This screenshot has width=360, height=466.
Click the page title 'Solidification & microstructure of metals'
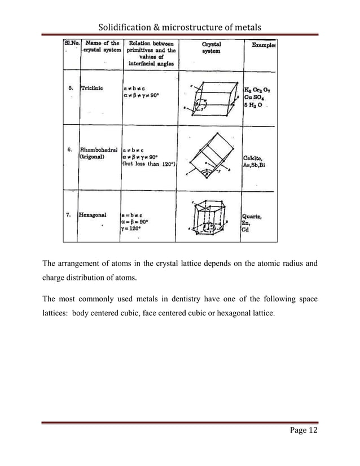click(x=180, y=26)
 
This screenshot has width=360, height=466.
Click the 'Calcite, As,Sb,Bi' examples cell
click(x=257, y=161)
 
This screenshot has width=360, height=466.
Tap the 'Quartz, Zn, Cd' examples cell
click(x=254, y=222)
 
